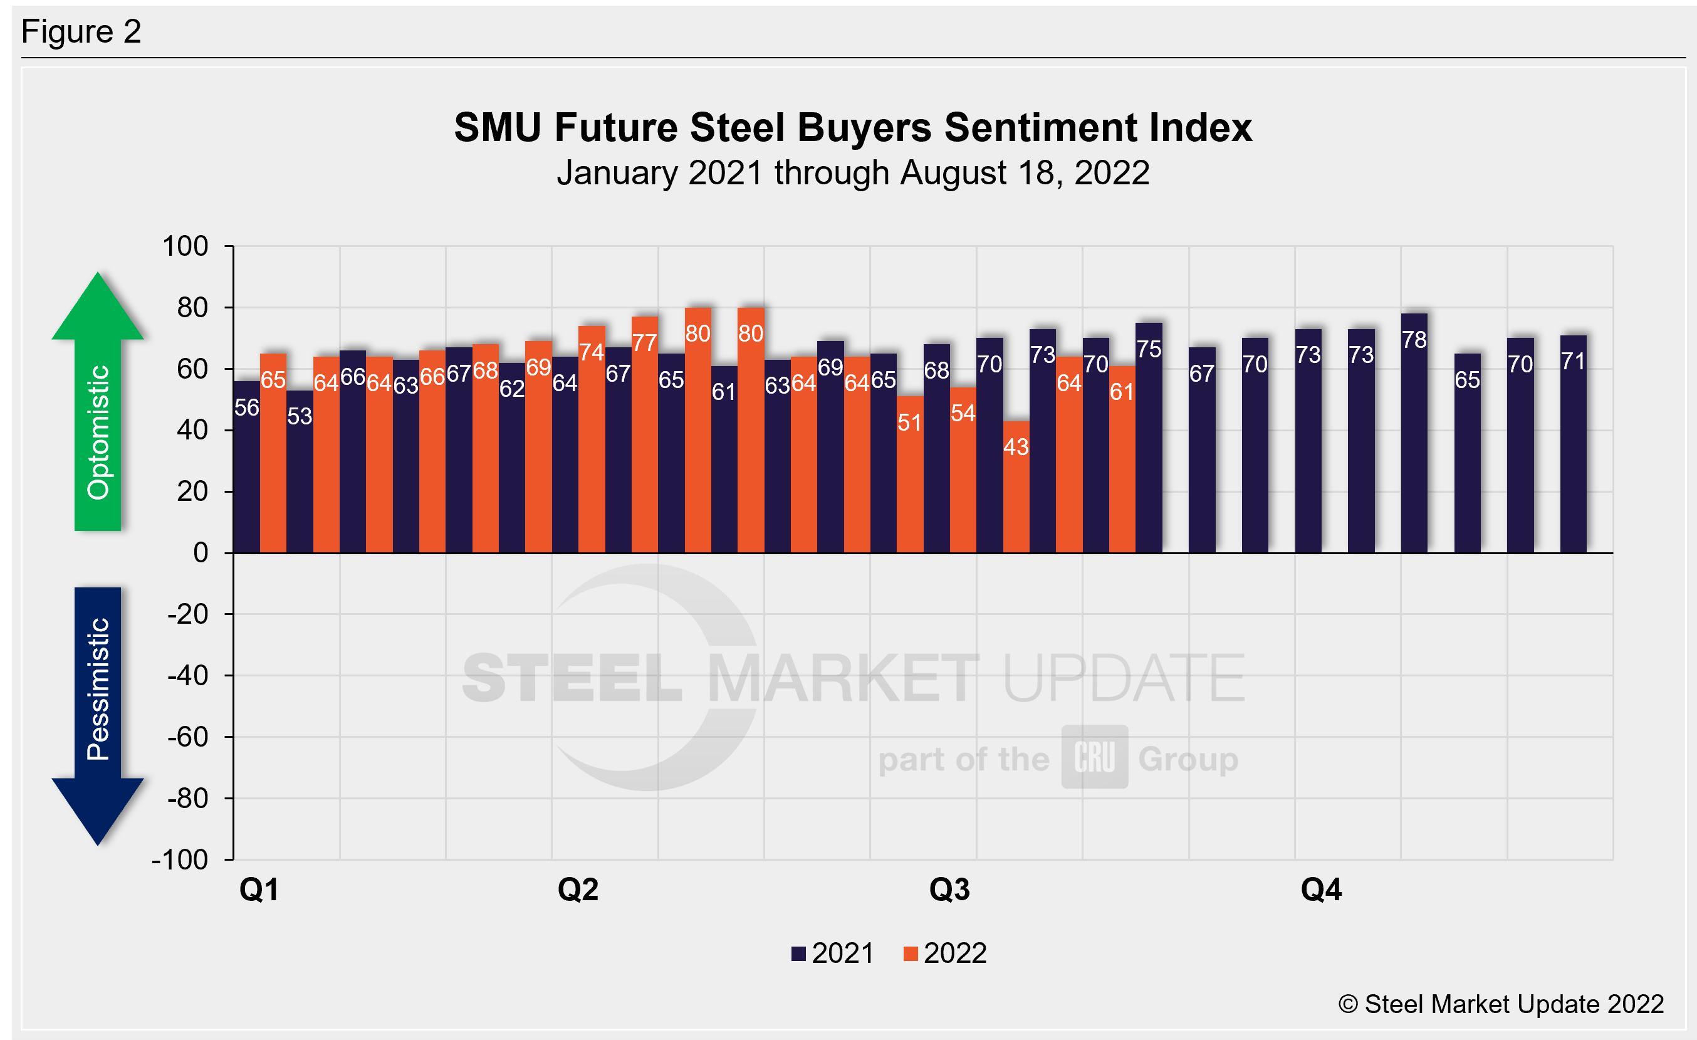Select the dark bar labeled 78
(1414, 434)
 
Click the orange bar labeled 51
(909, 475)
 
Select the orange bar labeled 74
(592, 440)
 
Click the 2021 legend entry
(833, 954)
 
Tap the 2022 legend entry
(945, 954)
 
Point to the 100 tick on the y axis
(185, 246)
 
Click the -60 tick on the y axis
(187, 737)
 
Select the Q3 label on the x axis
(949, 890)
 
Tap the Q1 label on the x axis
(259, 890)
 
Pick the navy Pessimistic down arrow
(98, 717)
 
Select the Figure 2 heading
(81, 32)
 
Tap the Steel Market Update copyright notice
(1501, 1004)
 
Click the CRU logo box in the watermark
(1094, 757)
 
